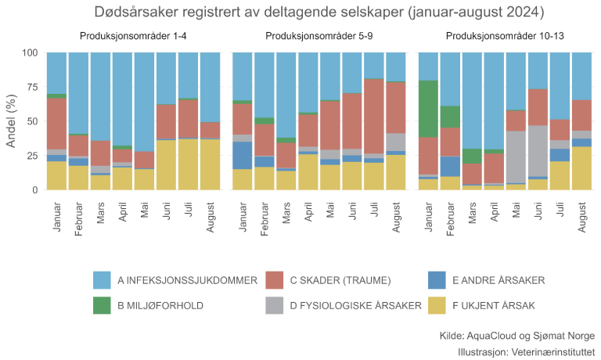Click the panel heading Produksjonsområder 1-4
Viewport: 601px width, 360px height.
[x=133, y=37]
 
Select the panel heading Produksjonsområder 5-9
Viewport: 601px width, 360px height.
[x=319, y=37]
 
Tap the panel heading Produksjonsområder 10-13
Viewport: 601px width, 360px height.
[x=505, y=37]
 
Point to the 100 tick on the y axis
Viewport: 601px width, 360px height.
[x=29, y=53]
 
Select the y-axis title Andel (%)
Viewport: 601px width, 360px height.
[x=11, y=121]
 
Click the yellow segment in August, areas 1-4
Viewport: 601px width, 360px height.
[x=210, y=164]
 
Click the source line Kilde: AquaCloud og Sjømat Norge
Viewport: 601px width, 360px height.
[x=517, y=335]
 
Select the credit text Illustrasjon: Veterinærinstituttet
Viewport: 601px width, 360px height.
[x=527, y=351]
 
